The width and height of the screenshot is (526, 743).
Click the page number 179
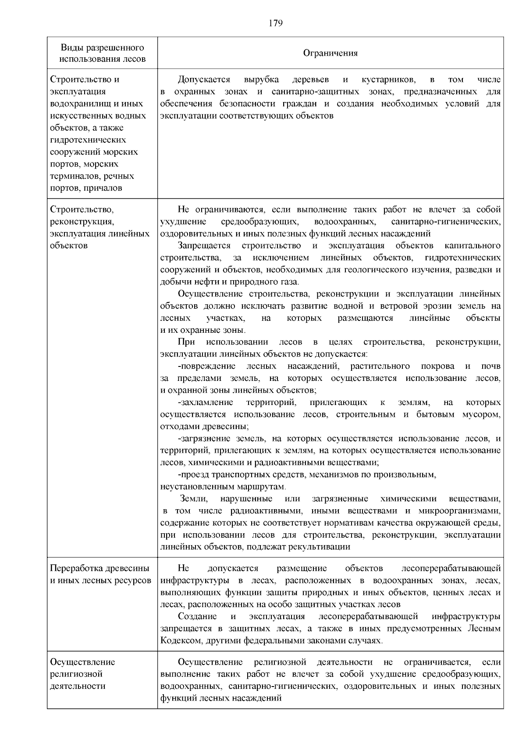tap(275, 23)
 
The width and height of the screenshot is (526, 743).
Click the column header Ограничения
tap(331, 53)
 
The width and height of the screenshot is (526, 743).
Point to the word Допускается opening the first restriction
tap(204, 80)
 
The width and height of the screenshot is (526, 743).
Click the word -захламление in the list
tap(205, 402)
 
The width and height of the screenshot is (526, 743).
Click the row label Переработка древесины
tap(100, 568)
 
